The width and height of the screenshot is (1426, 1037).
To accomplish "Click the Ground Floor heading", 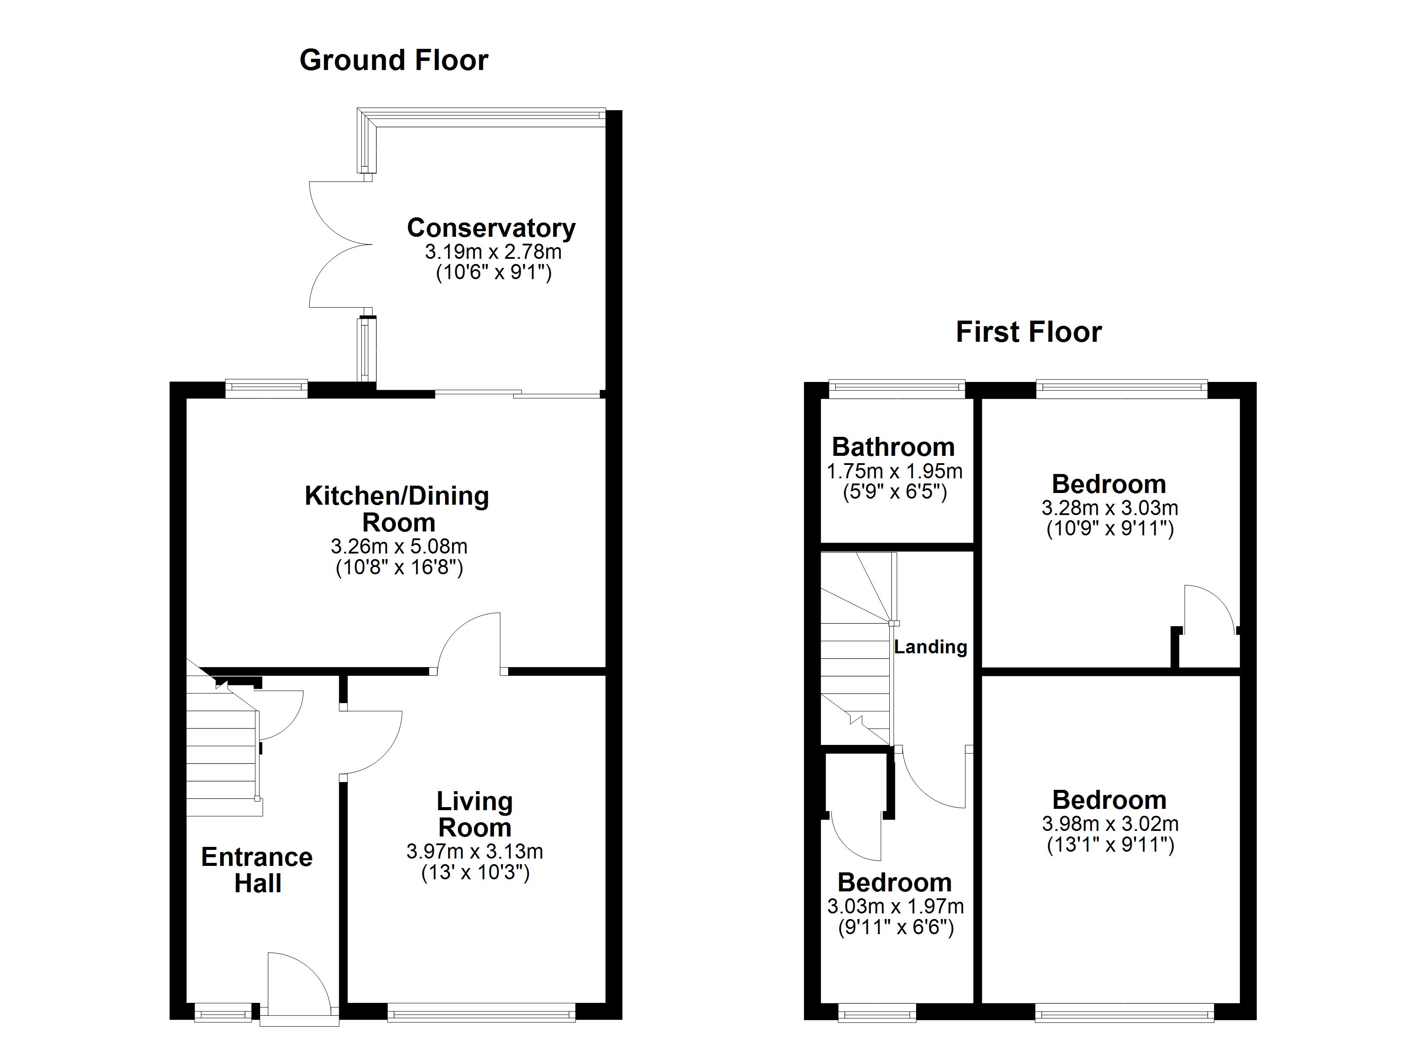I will (x=394, y=60).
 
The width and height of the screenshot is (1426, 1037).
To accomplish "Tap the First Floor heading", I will (x=1028, y=332).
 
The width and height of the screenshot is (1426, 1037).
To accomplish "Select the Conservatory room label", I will (x=491, y=228).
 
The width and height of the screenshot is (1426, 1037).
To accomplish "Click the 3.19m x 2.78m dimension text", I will (x=493, y=252).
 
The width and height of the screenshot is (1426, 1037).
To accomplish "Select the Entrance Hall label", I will (x=257, y=870).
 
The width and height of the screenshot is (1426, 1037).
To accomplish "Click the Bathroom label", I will (x=894, y=447).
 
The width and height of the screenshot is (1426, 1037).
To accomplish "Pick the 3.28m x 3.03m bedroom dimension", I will (x=1110, y=508).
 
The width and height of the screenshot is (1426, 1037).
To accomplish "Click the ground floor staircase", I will (x=221, y=755).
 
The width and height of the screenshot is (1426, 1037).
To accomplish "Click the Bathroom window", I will (x=897, y=389).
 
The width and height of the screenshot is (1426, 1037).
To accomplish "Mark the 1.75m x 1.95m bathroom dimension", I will (x=895, y=471).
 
